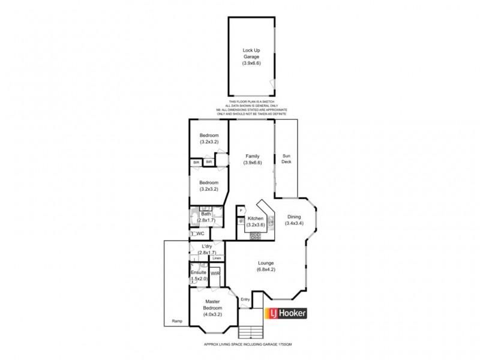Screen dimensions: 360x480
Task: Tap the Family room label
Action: [x=252, y=156]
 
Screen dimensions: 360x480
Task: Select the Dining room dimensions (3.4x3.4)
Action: [x=293, y=223]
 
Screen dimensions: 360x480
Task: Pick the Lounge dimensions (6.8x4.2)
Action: [x=266, y=269]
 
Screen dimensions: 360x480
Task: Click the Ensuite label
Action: [x=199, y=272]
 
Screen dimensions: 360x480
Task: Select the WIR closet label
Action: [x=215, y=274]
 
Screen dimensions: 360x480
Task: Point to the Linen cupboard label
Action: [x=217, y=259]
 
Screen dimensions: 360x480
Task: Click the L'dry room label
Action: [x=206, y=247]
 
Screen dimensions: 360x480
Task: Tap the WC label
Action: [x=201, y=233]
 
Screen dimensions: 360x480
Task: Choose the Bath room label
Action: [x=206, y=214]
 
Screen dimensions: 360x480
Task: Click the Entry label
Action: [x=245, y=299]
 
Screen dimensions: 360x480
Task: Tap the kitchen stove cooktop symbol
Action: [x=257, y=235]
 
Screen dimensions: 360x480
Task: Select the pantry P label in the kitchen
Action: [x=241, y=211]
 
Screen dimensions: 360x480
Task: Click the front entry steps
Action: [x=251, y=331]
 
